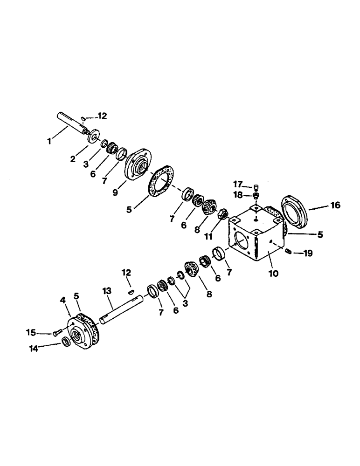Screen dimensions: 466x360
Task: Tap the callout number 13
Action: [108, 292]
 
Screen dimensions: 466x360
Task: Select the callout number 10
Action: [273, 274]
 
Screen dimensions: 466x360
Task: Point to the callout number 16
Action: [335, 205]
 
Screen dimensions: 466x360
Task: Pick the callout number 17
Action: [239, 184]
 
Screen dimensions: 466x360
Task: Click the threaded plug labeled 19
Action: [288, 252]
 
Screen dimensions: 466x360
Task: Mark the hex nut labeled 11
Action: [222, 214]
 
